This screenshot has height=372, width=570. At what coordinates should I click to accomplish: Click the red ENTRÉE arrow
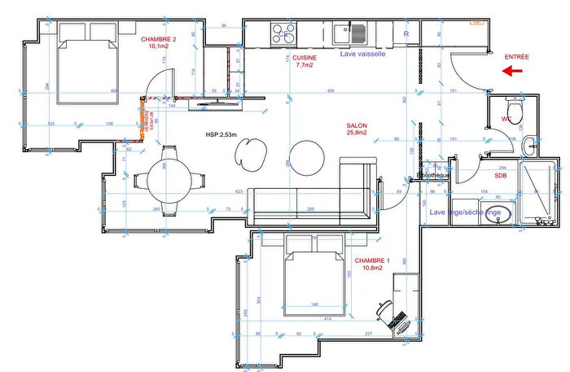click(x=512, y=71)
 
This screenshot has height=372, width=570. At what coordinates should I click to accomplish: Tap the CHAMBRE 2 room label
click(x=158, y=42)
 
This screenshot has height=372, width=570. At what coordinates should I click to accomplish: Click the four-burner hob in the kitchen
click(x=283, y=33)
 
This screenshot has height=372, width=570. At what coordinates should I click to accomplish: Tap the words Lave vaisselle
click(x=367, y=55)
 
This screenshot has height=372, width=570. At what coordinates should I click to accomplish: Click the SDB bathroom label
click(x=502, y=175)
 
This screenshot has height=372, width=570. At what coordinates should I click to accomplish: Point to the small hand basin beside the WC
click(x=529, y=147)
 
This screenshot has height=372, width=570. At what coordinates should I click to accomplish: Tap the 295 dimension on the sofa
click(x=311, y=210)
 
